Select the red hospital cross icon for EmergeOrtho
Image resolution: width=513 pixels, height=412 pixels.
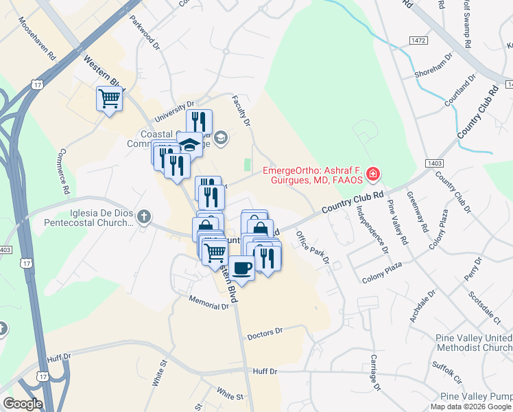tap(372, 175)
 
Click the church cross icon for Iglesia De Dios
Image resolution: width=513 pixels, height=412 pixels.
tap(143, 218)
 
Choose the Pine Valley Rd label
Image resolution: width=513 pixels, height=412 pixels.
tap(397, 222)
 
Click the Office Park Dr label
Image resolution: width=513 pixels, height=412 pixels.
tap(313, 249)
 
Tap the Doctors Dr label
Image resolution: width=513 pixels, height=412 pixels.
tap(265, 333)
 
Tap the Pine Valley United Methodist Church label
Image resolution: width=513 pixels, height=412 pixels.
tap(474, 344)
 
